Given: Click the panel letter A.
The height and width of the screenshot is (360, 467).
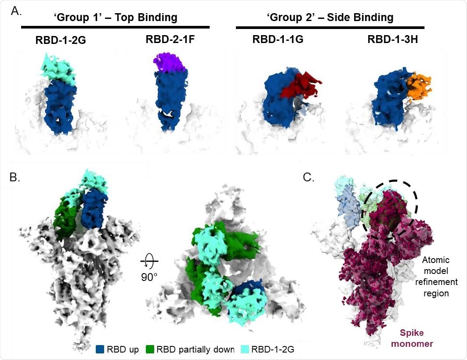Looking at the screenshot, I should (x=16, y=11).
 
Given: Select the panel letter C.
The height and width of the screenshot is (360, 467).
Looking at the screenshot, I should (x=309, y=177).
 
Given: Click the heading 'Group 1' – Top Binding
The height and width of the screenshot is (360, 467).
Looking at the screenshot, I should (x=115, y=18).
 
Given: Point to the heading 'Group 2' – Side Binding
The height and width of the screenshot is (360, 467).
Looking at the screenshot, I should (x=329, y=18).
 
